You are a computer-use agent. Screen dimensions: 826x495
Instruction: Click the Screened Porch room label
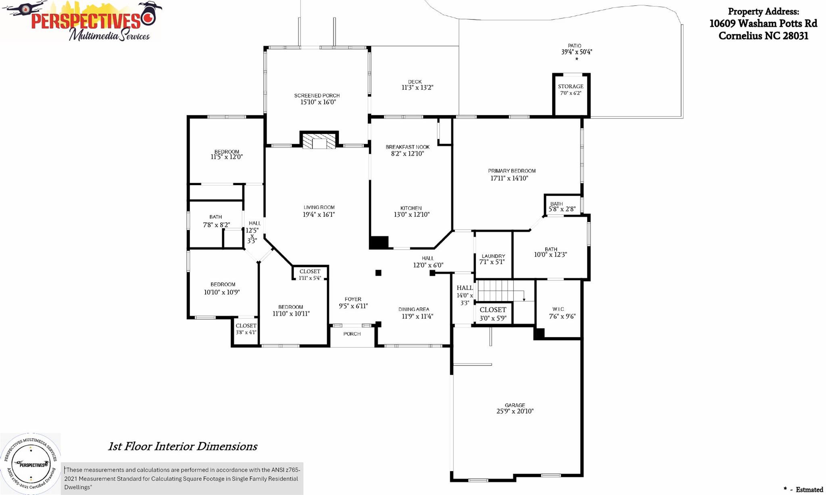click(x=317, y=96)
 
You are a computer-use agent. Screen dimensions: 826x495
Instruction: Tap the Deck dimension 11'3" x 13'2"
click(x=417, y=88)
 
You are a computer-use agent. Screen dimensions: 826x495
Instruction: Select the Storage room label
click(x=571, y=86)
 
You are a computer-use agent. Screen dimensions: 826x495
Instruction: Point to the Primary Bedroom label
click(x=512, y=171)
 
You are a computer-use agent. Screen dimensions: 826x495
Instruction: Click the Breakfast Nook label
click(x=408, y=147)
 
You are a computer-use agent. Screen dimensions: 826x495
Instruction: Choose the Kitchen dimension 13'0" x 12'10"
click(x=412, y=215)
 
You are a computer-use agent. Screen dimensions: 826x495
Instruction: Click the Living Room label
click(x=319, y=207)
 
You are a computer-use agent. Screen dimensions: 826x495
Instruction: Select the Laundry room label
click(x=493, y=256)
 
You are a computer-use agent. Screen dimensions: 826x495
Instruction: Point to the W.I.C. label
click(x=559, y=309)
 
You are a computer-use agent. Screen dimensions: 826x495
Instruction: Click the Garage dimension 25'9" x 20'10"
click(x=515, y=411)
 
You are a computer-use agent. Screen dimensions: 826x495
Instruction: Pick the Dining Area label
click(x=414, y=309)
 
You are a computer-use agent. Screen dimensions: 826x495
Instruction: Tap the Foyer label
click(x=353, y=299)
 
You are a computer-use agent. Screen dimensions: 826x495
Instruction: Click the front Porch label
click(x=352, y=334)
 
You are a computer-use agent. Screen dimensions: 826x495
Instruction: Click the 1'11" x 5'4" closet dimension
click(x=310, y=278)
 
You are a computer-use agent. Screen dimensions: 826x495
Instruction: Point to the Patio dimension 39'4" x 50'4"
click(x=577, y=52)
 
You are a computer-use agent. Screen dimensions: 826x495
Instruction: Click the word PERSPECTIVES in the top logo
click(x=86, y=21)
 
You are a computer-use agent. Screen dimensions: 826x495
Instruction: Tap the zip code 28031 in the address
click(x=795, y=36)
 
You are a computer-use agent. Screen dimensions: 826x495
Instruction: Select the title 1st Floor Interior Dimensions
click(x=182, y=447)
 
